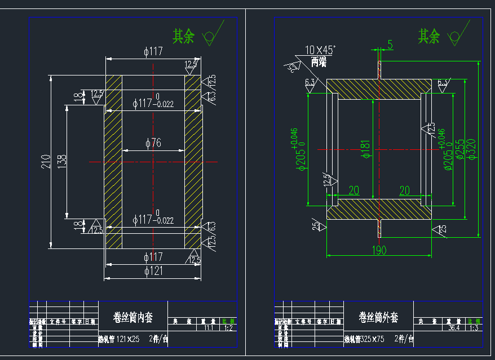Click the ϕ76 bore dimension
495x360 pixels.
153,143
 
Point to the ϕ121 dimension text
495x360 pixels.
153,271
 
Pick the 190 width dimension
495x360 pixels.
380,250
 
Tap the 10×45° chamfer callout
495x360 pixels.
320,50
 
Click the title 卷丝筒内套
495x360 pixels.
133,318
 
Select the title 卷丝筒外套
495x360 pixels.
378,318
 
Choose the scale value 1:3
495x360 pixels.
474,327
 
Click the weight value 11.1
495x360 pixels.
209,327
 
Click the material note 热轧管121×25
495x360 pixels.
118,339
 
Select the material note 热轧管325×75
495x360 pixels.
364,339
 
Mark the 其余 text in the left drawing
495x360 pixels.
183,37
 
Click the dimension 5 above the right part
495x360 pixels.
390,45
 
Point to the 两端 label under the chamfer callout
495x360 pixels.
319,63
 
